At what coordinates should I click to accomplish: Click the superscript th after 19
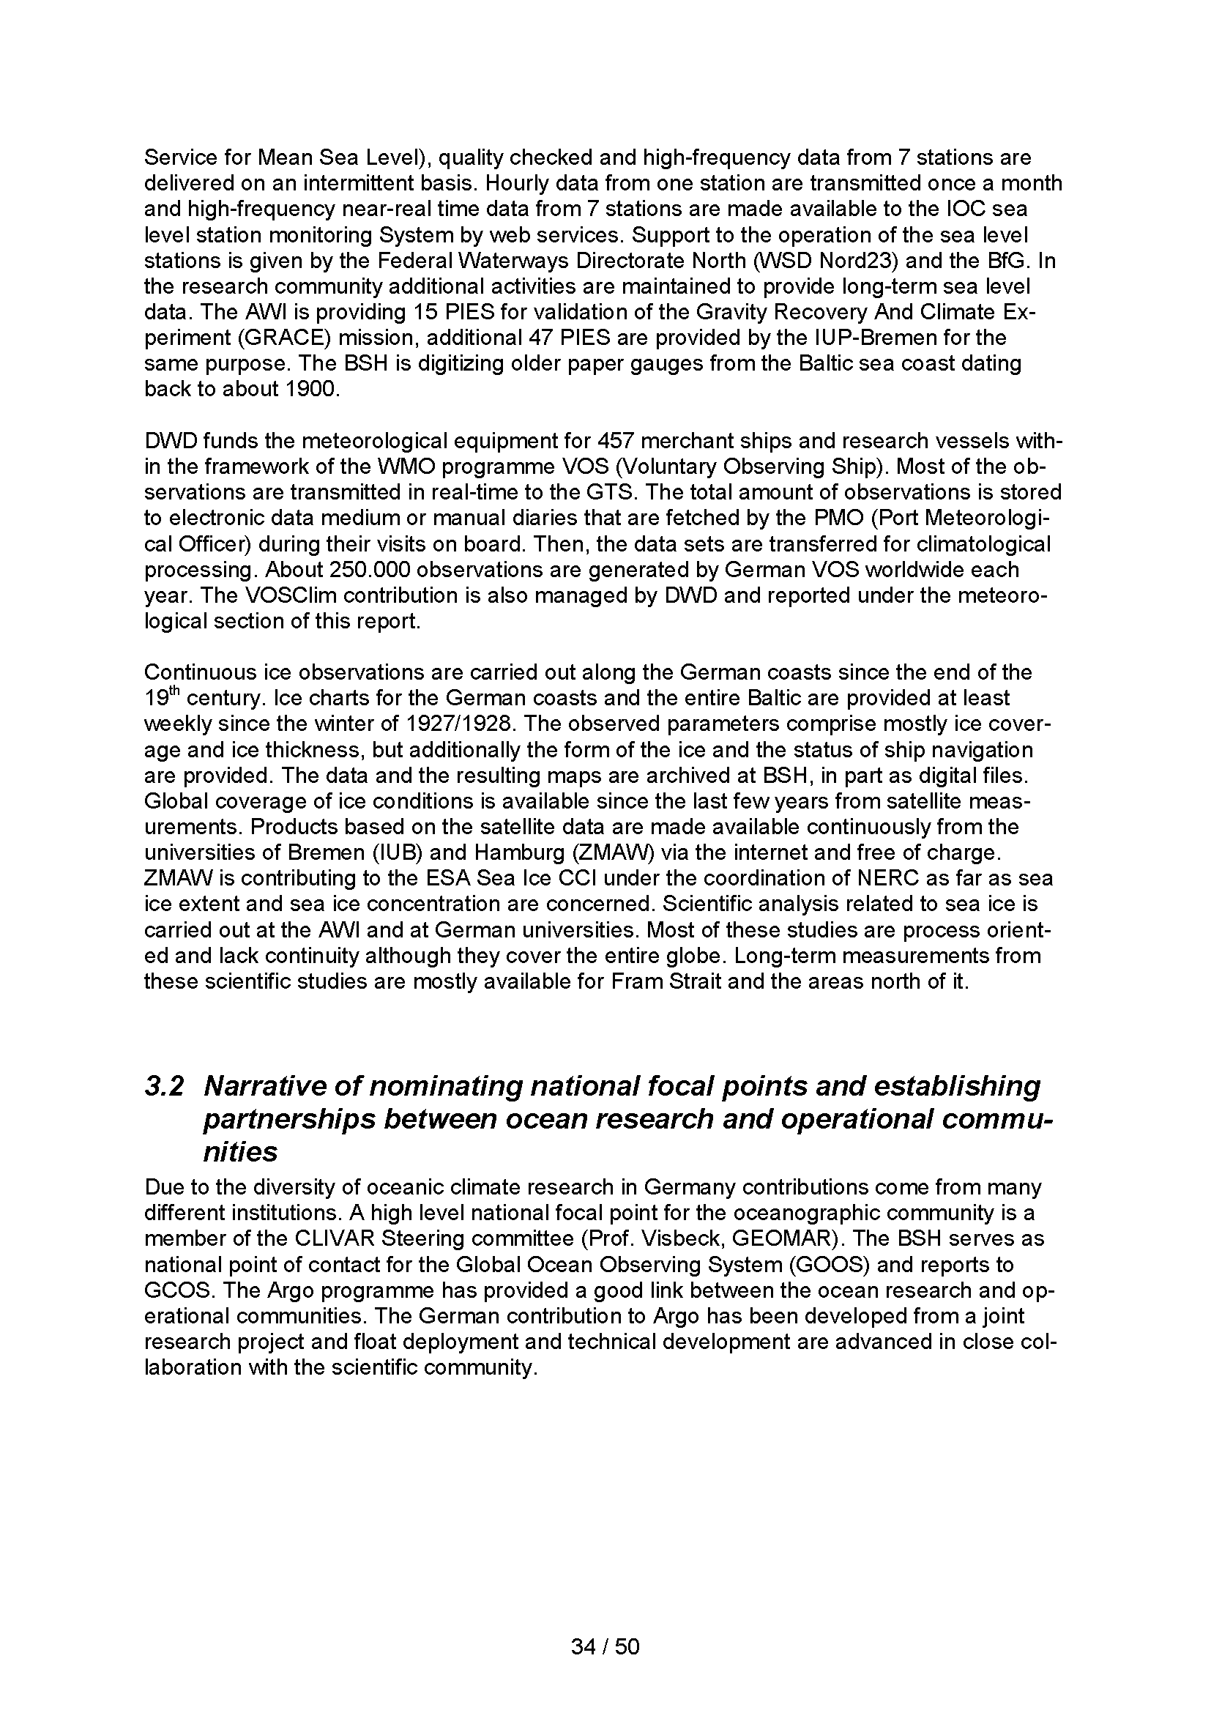(173, 693)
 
